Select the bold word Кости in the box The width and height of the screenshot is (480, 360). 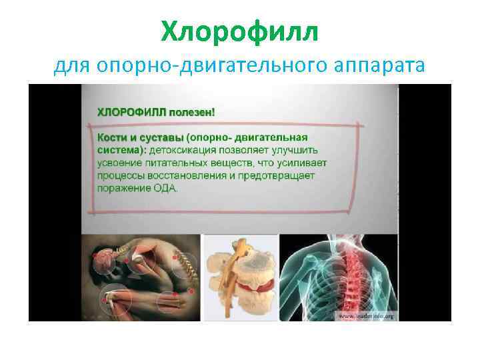pyautogui.click(x=113, y=137)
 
